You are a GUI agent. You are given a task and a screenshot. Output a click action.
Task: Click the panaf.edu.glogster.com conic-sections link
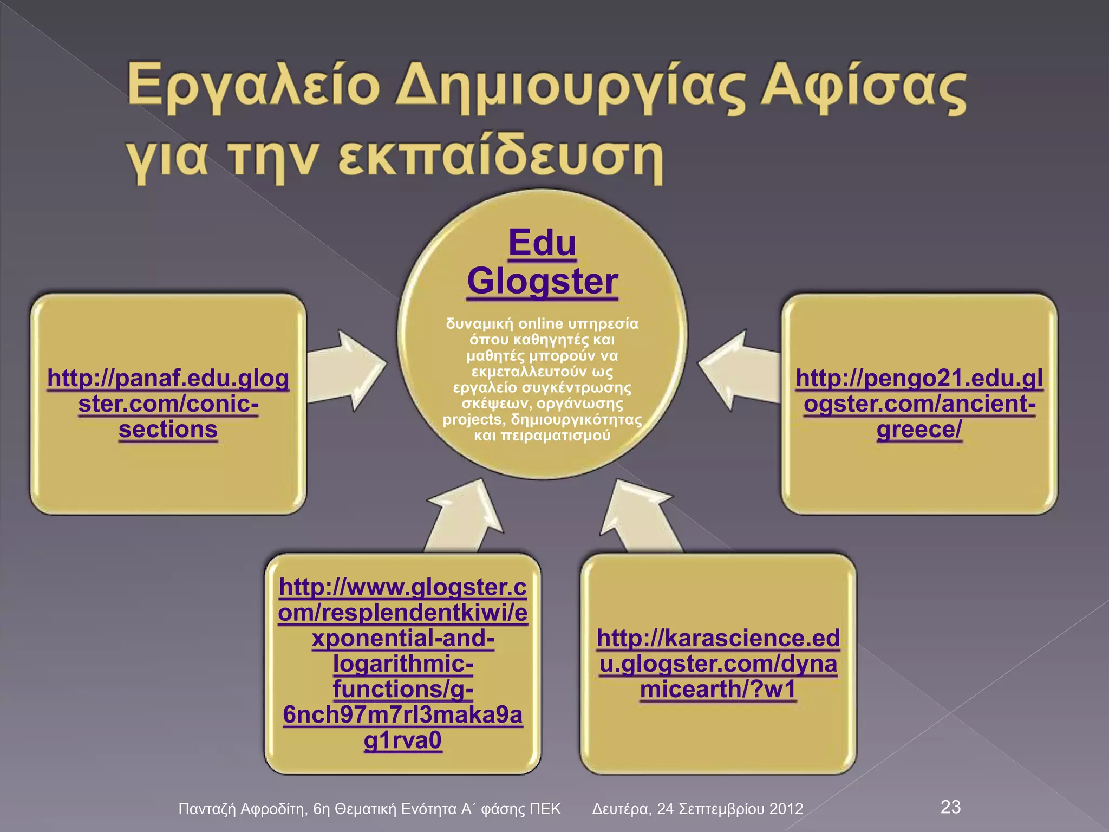click(x=168, y=404)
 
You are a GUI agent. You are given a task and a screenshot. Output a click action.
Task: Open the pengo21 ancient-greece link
click(x=919, y=404)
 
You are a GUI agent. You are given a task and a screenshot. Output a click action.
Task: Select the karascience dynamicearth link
click(x=718, y=664)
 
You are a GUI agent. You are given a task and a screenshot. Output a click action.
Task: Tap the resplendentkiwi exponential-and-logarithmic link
click(x=402, y=664)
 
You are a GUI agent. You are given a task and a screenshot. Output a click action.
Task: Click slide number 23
click(x=950, y=807)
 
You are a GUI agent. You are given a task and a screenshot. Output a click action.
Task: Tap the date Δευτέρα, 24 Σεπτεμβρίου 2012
click(x=697, y=809)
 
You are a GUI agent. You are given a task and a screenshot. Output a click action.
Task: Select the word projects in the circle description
click(x=472, y=420)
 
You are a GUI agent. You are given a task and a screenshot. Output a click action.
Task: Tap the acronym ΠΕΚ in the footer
click(x=545, y=809)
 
